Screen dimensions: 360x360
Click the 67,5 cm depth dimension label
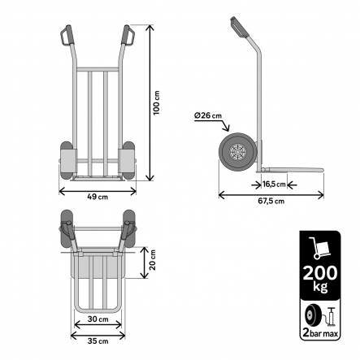point(273,202)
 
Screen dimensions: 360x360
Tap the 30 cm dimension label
point(98,318)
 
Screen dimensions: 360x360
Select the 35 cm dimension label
point(98,340)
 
